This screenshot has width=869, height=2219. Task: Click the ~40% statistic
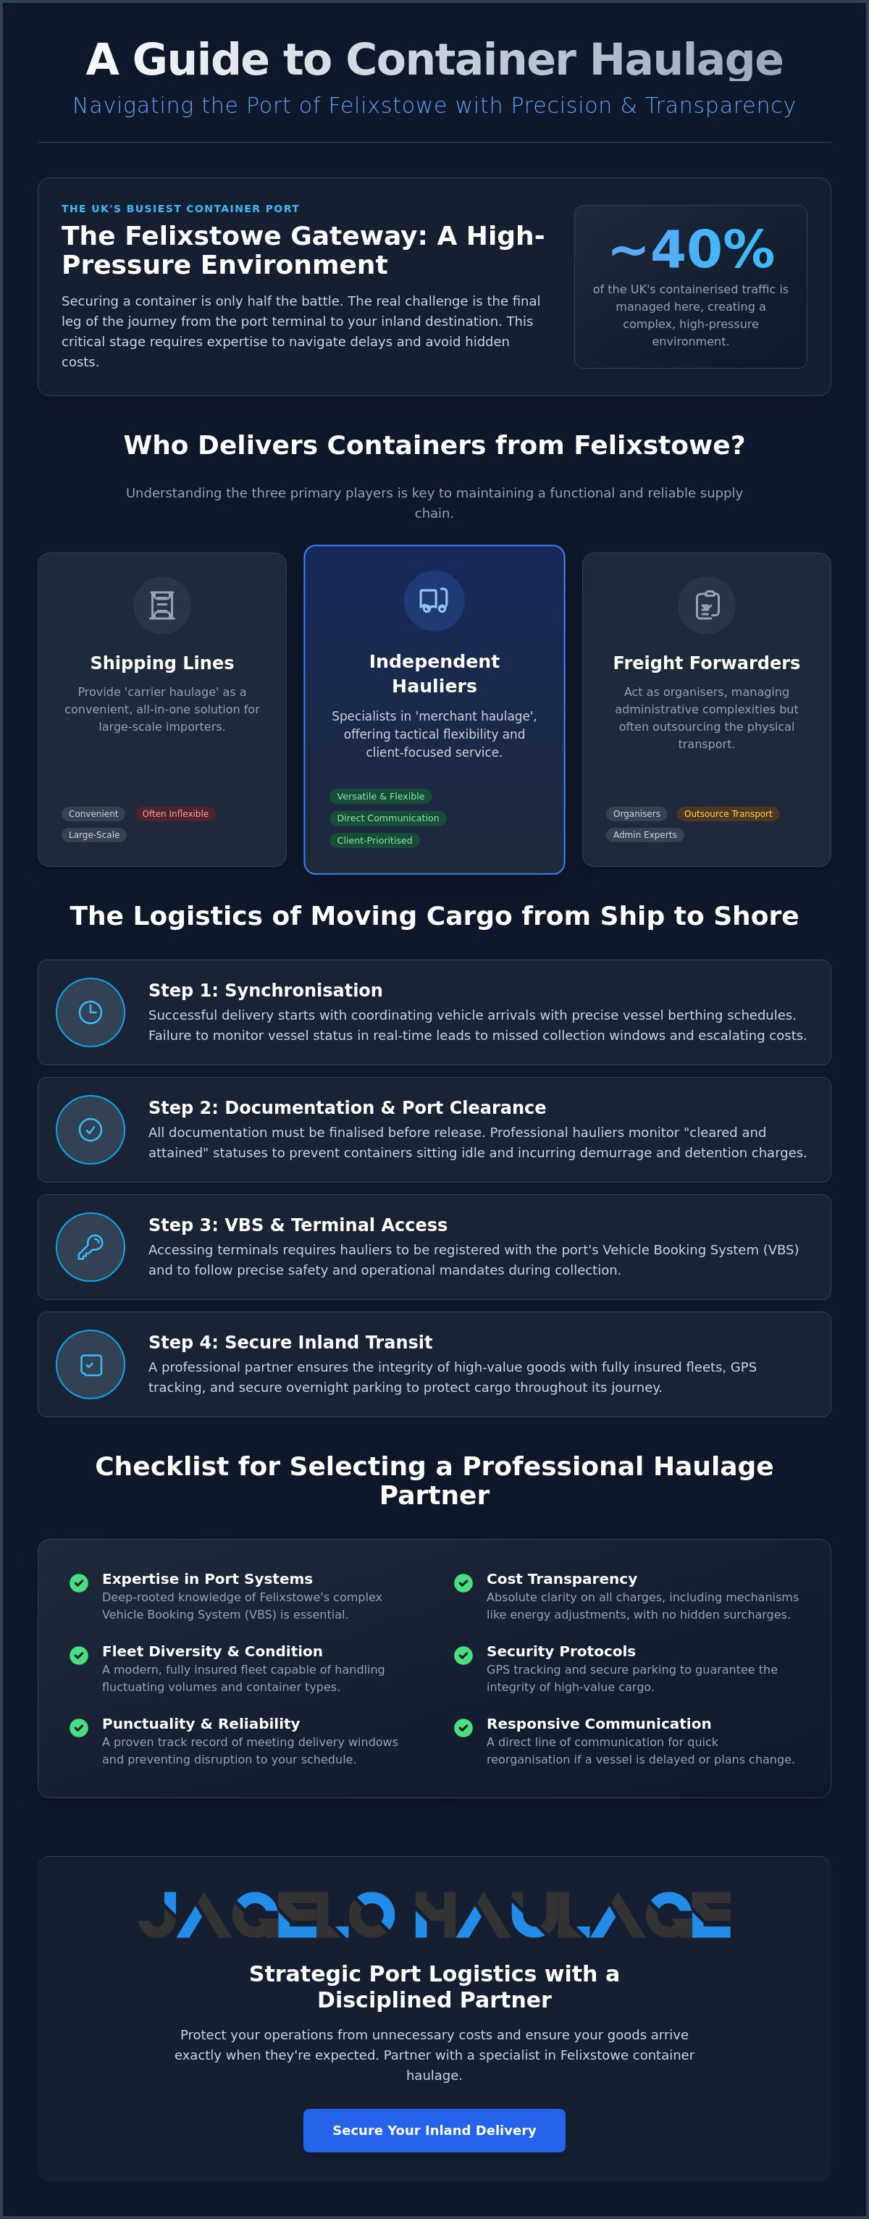[692, 249]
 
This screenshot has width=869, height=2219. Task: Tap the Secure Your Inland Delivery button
[434, 2130]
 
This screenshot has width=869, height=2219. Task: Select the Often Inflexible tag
[175, 814]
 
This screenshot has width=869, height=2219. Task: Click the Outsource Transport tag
[728, 814]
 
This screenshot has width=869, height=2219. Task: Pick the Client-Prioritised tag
[374, 841]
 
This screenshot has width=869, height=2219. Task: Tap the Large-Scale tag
[94, 835]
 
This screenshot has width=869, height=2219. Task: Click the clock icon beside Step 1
[91, 1012]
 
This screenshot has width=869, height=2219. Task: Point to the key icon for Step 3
[91, 1246]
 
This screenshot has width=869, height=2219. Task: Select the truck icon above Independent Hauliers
[434, 600]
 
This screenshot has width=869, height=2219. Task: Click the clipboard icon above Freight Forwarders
[706, 605]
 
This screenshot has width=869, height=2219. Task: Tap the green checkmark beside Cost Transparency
[463, 1582]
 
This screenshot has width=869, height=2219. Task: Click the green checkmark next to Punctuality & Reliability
[79, 1727]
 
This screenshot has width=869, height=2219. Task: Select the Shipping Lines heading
[162, 663]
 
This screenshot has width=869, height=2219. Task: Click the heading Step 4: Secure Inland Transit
[290, 1342]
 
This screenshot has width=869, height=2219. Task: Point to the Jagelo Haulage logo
[434, 1915]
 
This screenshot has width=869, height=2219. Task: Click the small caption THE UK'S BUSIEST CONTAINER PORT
[180, 209]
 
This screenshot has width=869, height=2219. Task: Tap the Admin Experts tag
[645, 835]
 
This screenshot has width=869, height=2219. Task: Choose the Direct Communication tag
[387, 818]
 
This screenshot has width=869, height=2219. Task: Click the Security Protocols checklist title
[561, 1651]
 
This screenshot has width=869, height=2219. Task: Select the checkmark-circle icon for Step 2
[91, 1129]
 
